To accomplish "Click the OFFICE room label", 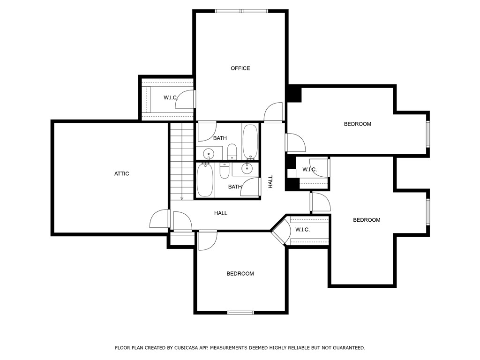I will click(240, 68).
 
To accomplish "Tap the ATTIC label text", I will click(121, 174).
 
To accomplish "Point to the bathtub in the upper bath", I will click(250, 142).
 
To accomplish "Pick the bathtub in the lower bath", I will click(205, 180).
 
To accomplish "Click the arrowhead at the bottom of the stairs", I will click(182, 198).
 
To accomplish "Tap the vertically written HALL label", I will click(270, 182).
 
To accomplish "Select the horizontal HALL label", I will click(221, 213).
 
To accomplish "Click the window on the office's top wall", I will click(241, 11).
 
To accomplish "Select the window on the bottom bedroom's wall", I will click(240, 312).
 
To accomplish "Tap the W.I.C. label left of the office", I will click(170, 97).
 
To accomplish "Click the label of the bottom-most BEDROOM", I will click(240, 274).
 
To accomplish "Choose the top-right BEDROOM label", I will click(357, 124).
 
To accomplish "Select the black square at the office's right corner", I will click(294, 94).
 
